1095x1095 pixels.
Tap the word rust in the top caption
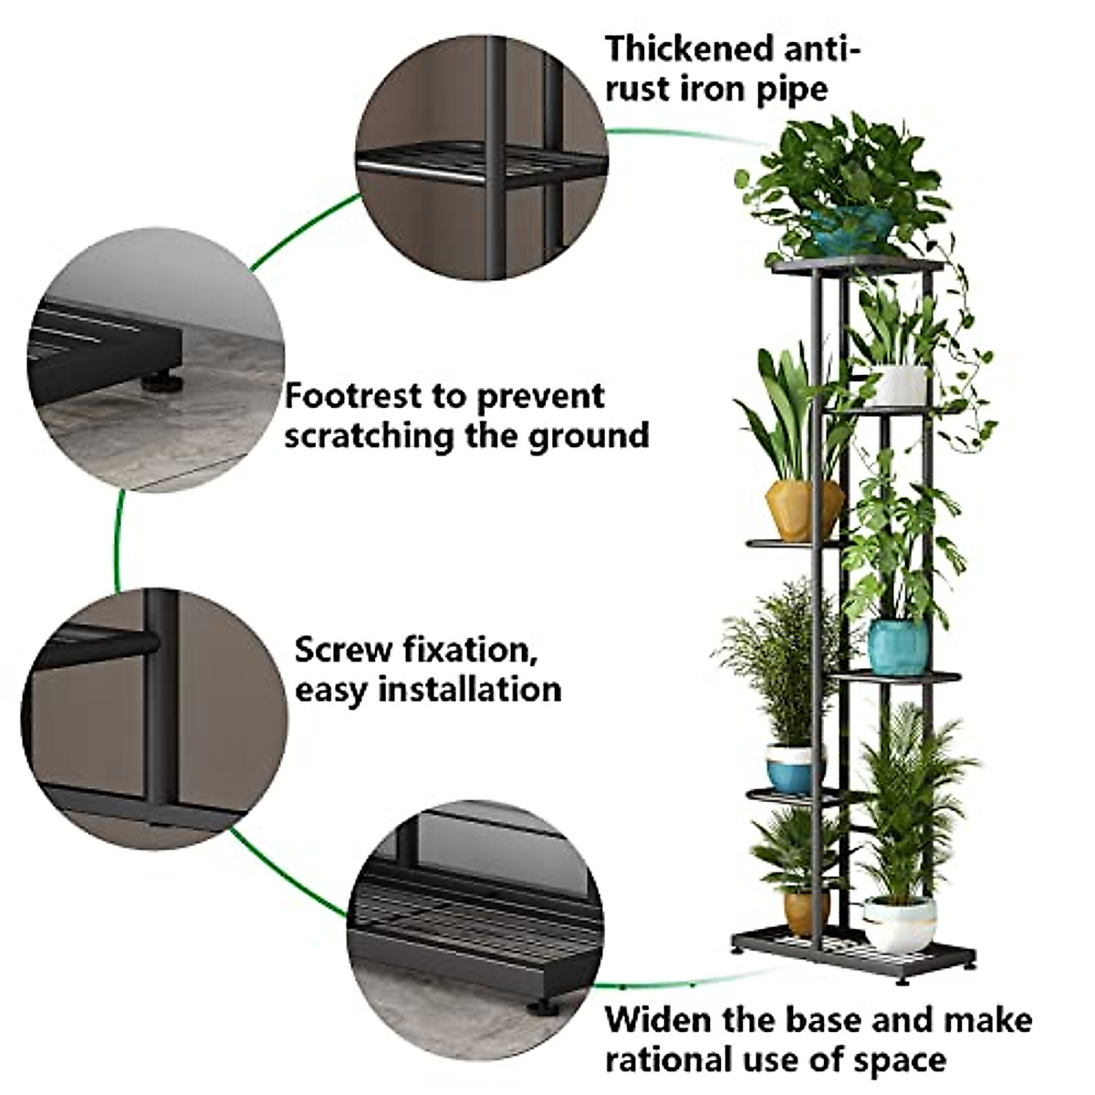click(637, 89)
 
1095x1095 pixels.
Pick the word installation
click(470, 689)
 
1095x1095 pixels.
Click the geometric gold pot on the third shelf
click(803, 509)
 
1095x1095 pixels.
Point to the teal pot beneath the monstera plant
click(898, 644)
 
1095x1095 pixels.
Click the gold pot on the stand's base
click(805, 912)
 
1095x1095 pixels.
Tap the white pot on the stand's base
click(900, 922)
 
